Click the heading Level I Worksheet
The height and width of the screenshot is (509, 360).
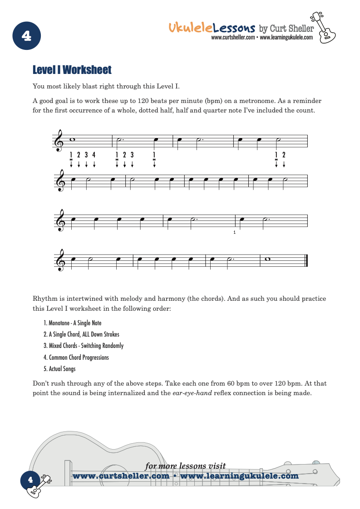tap(72, 70)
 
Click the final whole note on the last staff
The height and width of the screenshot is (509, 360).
tap(267, 259)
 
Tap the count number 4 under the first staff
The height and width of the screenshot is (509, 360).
tap(94, 155)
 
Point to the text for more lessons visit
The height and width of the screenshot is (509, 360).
tap(185, 466)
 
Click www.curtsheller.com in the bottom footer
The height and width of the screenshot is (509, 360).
tap(121, 476)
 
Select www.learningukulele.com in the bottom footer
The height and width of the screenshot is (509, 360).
tap(239, 476)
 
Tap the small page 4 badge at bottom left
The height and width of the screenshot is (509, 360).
tap(30, 480)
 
